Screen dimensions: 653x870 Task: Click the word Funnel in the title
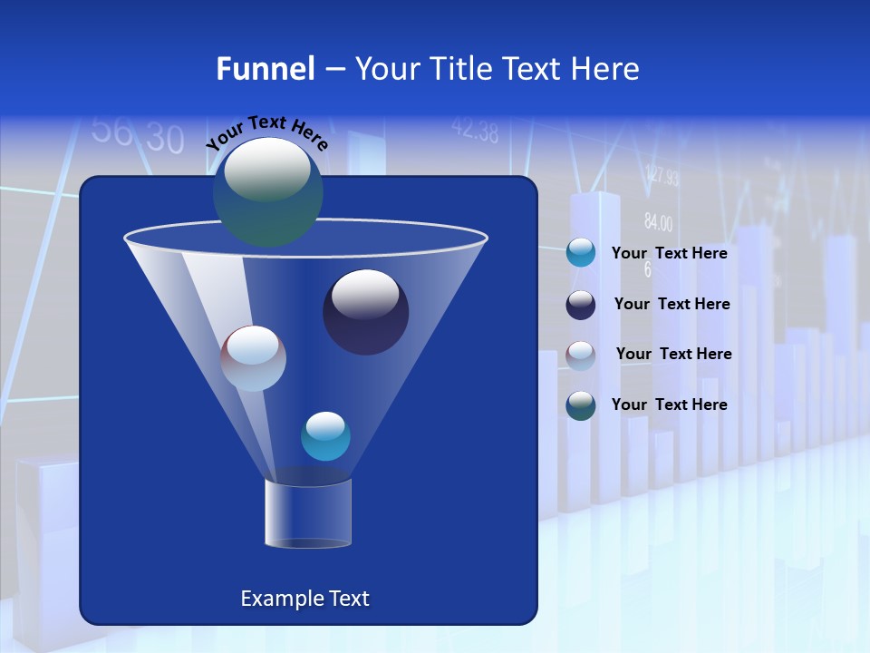click(265, 69)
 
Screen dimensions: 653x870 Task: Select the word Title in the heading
click(459, 69)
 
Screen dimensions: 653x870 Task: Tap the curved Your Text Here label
click(266, 132)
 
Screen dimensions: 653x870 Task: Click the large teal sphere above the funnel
click(267, 191)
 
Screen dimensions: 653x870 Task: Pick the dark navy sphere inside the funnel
click(365, 312)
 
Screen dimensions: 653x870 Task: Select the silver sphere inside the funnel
click(253, 358)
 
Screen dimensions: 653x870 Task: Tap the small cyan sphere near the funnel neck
click(325, 435)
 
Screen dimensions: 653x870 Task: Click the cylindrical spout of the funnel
click(307, 513)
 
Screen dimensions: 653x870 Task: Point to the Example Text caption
click(304, 599)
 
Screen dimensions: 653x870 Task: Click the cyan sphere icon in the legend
click(580, 253)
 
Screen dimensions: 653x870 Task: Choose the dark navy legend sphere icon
click(580, 305)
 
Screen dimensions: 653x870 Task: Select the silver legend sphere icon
click(580, 355)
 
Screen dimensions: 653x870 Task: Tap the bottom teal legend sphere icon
click(580, 405)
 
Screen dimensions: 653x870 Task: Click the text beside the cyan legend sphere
click(669, 254)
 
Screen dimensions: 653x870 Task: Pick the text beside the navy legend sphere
click(672, 304)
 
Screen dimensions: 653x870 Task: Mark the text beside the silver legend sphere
click(673, 354)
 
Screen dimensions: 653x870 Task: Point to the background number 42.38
click(474, 132)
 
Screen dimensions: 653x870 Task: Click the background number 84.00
click(658, 222)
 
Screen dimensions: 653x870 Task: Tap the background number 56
click(112, 131)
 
